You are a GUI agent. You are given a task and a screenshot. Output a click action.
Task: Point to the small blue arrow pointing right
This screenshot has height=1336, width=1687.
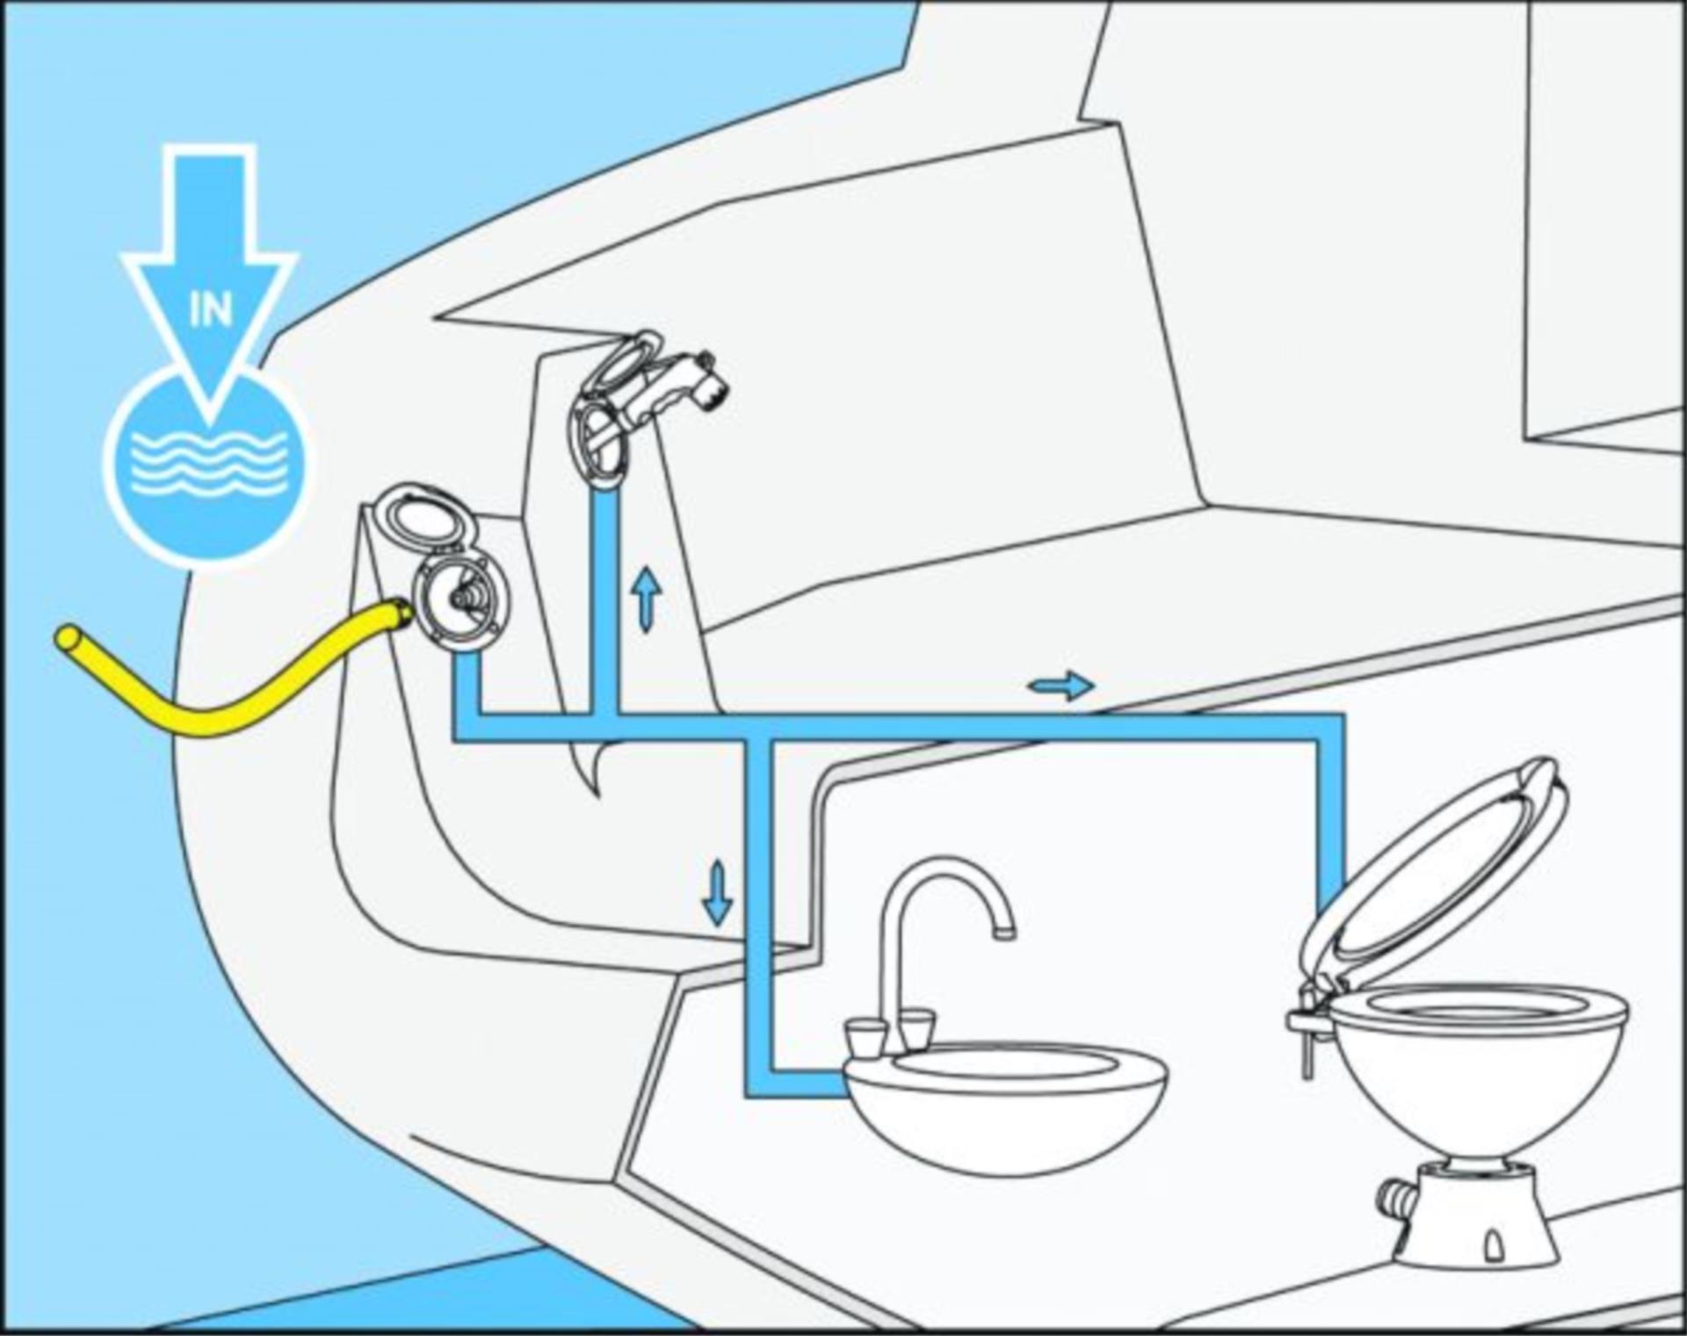(1061, 685)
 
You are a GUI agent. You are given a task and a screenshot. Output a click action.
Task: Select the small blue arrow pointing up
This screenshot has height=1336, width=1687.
(647, 599)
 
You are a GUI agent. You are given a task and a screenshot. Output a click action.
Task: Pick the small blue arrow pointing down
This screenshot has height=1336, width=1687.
(717, 893)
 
